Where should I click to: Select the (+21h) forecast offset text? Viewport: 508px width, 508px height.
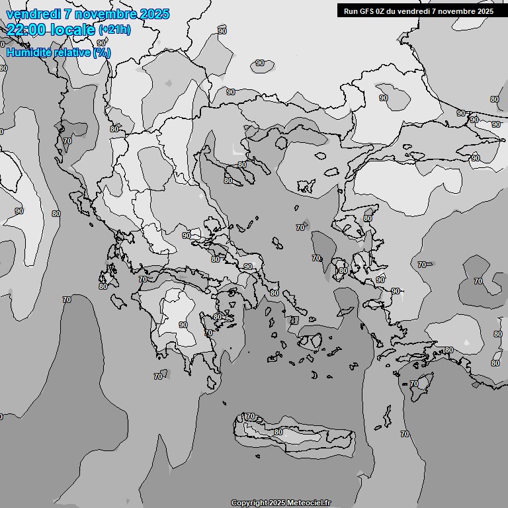[114, 29]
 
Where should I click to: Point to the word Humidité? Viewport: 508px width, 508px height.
[28, 52]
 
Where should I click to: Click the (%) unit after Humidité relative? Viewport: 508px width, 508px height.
[102, 52]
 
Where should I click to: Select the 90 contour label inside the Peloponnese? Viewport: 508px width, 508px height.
[183, 325]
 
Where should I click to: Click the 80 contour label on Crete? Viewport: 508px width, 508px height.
[278, 432]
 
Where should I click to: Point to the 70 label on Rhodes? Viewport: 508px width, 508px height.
[414, 384]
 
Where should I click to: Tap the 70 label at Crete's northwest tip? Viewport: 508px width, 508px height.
[250, 416]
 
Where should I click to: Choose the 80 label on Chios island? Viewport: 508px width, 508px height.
[343, 270]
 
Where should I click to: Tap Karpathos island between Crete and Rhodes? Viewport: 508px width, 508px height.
[386, 415]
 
